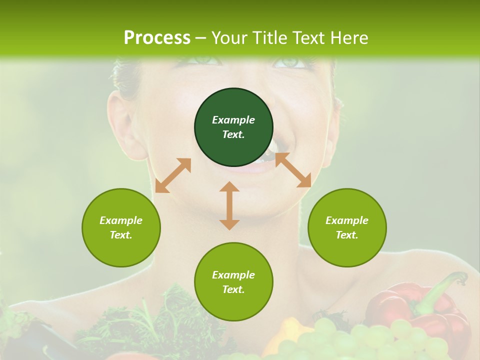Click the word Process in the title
pyautogui.click(x=157, y=38)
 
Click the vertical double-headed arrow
pyautogui.click(x=229, y=205)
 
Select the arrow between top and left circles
pyautogui.click(x=173, y=175)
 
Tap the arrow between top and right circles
pyautogui.click(x=293, y=170)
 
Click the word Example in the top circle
pyautogui.click(x=233, y=120)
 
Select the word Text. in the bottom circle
pyautogui.click(x=233, y=289)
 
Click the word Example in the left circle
pyautogui.click(x=121, y=220)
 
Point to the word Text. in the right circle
pyautogui.click(x=347, y=235)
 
